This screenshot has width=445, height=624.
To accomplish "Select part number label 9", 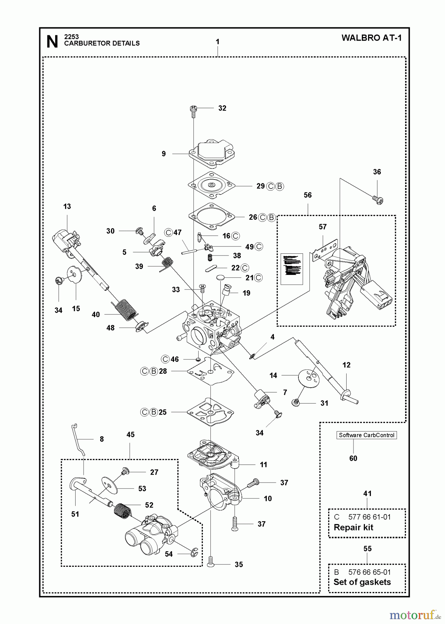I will click(164, 154).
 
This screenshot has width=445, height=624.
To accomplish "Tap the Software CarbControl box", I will click(366, 435).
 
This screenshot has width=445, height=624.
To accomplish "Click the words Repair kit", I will click(353, 527).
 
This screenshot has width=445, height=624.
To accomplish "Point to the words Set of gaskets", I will click(362, 582).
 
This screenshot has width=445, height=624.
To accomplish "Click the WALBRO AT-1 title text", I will click(372, 38).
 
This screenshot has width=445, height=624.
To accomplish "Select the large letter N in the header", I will click(52, 42).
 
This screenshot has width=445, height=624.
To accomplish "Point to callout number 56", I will click(307, 195).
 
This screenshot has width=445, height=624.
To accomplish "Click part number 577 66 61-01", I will click(369, 517).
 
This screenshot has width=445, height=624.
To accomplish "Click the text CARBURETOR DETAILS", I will click(102, 43).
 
